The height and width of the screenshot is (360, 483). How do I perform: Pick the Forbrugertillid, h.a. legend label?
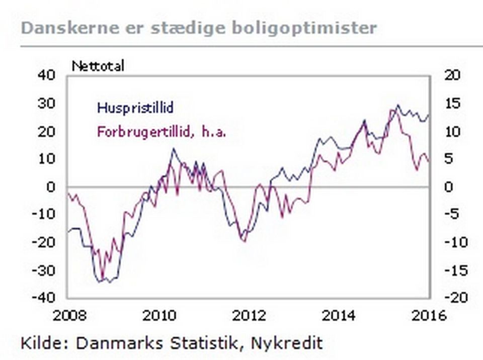[x=161, y=133]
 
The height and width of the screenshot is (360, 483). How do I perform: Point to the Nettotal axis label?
[x=98, y=66]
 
